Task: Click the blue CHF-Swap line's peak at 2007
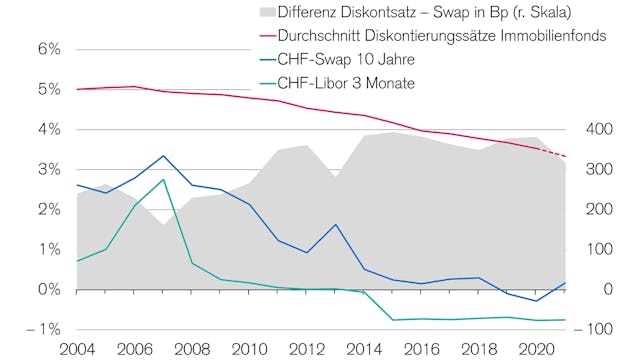163,156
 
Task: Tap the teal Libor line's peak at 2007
163,179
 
